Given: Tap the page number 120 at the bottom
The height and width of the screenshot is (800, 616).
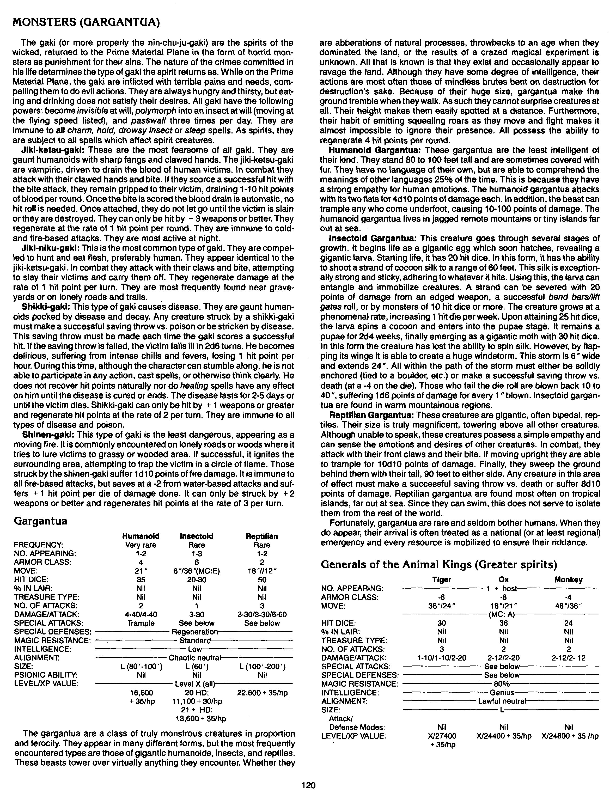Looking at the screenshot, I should (x=308, y=785).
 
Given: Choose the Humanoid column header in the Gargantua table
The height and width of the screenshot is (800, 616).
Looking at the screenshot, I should (x=141, y=536).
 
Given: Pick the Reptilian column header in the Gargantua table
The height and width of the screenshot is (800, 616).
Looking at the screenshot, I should (x=262, y=536).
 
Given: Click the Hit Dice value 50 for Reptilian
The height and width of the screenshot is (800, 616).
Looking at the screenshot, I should (x=262, y=579).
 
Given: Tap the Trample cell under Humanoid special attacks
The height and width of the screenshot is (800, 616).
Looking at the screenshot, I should (x=141, y=623).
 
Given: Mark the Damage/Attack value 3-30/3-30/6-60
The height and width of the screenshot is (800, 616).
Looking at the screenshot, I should (x=262, y=614).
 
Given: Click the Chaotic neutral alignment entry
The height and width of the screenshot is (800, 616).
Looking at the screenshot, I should (x=194, y=657).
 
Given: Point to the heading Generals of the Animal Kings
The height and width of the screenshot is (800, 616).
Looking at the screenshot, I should (x=439, y=564).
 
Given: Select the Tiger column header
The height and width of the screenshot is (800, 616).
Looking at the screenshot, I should (x=442, y=580).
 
